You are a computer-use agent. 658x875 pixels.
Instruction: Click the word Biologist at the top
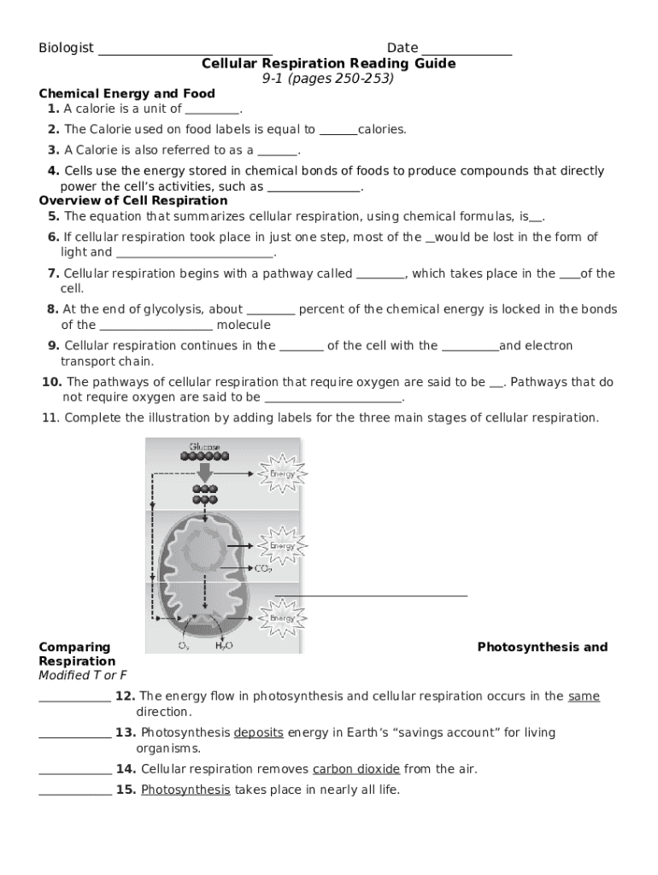[x=66, y=48]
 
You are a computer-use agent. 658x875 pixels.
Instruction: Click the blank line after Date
[x=467, y=50]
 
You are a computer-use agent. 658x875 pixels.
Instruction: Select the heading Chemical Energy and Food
[x=126, y=93]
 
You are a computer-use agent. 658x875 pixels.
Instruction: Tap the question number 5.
[x=53, y=216]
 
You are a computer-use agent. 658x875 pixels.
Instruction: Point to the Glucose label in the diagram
[x=198, y=448]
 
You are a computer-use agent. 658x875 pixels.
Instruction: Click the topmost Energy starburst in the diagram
[x=282, y=473]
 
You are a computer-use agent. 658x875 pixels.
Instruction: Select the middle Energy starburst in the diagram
[x=282, y=545]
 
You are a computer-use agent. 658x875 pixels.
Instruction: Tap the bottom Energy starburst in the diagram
[x=282, y=618]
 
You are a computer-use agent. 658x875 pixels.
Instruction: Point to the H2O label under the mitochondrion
[x=223, y=647]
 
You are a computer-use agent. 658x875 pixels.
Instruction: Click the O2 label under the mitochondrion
[x=183, y=647]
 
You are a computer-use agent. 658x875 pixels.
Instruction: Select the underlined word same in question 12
[x=584, y=696]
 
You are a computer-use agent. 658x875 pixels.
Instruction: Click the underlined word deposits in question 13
[x=258, y=732]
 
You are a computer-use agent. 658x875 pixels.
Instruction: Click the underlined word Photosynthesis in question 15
[x=185, y=790]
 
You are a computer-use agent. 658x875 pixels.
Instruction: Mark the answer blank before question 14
[x=74, y=771]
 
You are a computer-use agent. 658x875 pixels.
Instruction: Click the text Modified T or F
[x=76, y=676]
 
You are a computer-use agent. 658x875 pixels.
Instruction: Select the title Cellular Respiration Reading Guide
[x=328, y=64]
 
